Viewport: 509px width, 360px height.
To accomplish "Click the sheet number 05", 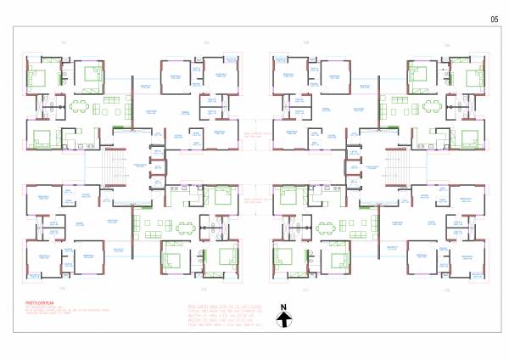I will [x=495, y=19].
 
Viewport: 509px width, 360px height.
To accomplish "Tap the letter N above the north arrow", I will [x=286, y=308].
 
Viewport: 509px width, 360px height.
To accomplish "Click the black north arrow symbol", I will [x=286, y=320].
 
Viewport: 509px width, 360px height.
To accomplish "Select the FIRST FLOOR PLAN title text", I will [x=38, y=302].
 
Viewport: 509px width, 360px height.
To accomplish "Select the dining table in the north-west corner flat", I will [x=80, y=106].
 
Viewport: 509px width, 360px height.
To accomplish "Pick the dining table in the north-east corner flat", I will [x=430, y=106].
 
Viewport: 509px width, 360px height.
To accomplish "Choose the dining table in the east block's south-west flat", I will [x=327, y=227].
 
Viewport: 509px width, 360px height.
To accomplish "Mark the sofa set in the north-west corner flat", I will [x=110, y=106].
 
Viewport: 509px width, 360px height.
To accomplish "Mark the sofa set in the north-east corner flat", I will [x=399, y=106].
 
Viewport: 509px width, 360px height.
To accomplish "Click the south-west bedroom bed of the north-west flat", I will [x=41, y=138].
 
